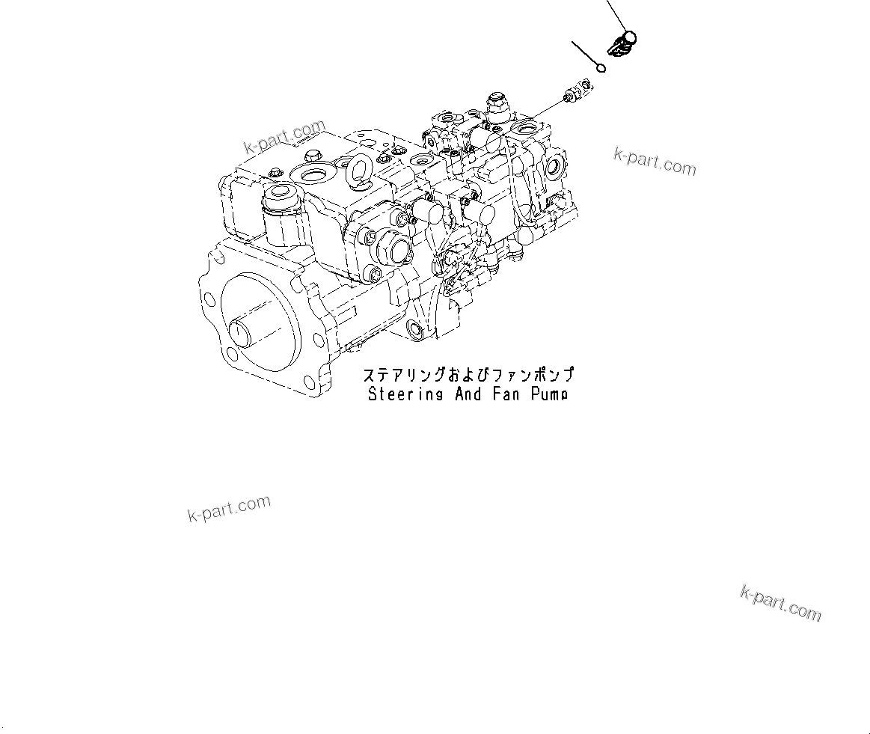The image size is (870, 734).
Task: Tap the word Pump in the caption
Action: coord(549,394)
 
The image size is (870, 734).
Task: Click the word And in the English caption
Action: coord(468,394)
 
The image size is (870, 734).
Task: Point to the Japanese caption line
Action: coord(468,375)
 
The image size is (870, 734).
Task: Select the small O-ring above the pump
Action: coord(601,70)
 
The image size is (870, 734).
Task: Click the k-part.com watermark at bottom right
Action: coord(780,605)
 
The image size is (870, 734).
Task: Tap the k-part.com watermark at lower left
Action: coord(229,510)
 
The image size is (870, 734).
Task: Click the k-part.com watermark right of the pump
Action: coord(655,161)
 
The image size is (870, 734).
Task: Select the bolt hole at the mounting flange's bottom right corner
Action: coord(312,384)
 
